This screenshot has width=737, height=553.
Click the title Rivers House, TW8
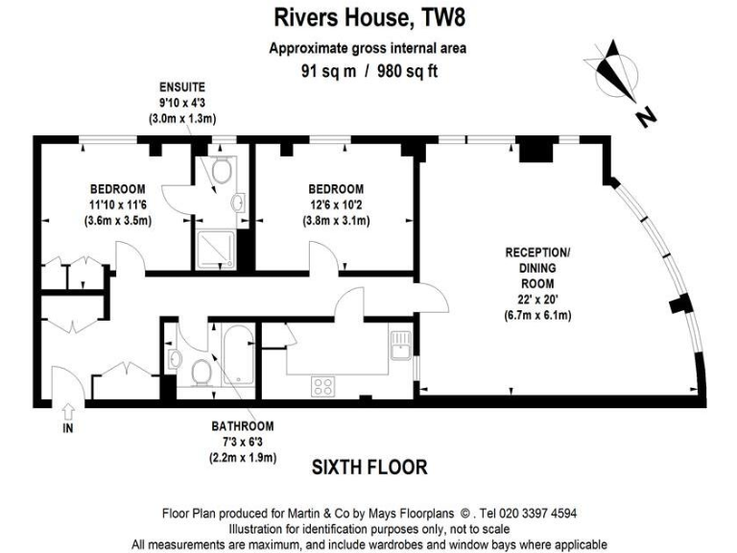(368, 16)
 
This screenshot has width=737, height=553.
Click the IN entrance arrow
(67, 414)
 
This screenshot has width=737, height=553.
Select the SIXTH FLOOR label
(368, 467)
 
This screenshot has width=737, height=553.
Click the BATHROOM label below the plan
(243, 426)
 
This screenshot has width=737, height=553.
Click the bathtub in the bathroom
(236, 355)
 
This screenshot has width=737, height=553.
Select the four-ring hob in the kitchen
(323, 386)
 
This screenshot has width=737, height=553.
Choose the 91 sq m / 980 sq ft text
(368, 69)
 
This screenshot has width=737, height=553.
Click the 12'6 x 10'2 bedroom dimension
(336, 204)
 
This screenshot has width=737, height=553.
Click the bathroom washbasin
(175, 358)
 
